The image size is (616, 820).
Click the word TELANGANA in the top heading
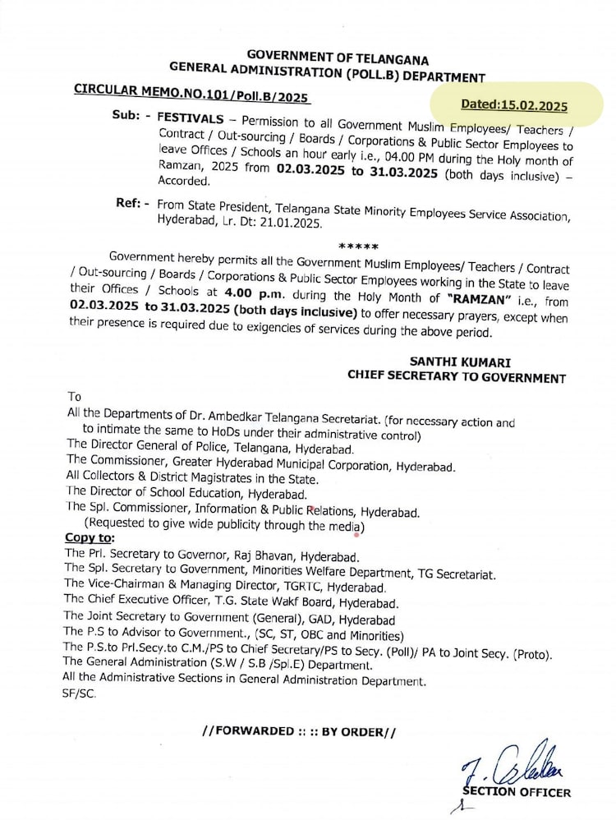pyautogui.click(x=387, y=59)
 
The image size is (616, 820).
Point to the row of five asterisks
pyautogui.click(x=358, y=246)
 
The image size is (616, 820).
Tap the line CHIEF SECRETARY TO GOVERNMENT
pyautogui.click(x=456, y=378)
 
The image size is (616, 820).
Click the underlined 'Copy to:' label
pyautogui.click(x=90, y=538)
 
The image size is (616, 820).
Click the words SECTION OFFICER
pyautogui.click(x=517, y=792)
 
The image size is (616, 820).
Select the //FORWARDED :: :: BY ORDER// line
pyautogui.click(x=298, y=730)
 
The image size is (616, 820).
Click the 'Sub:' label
pyautogui.click(x=130, y=116)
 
